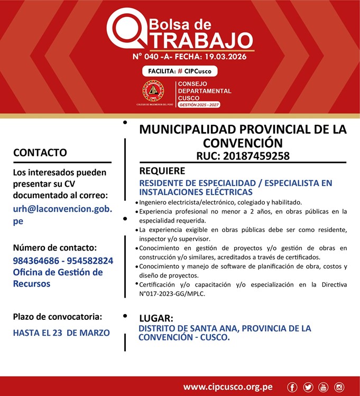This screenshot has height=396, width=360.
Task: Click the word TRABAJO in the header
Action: pyautogui.click(x=198, y=40)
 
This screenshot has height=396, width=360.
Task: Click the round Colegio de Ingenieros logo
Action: pyautogui.click(x=153, y=91)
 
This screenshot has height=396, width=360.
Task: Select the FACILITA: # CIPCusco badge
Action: pyautogui.click(x=180, y=71)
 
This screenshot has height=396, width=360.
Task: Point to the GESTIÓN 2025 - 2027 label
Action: pyautogui.click(x=199, y=105)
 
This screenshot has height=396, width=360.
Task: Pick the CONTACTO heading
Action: pyautogui.click(x=40, y=153)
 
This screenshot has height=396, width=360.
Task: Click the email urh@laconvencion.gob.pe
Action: pyautogui.click(x=62, y=215)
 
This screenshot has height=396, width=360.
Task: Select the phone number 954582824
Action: pyautogui.click(x=86, y=261)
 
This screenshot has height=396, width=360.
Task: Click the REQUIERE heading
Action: pyautogui.click(x=162, y=171)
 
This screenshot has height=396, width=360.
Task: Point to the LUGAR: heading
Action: pyautogui.click(x=156, y=318)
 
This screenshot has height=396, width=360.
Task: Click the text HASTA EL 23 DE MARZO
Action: pyautogui.click(x=61, y=333)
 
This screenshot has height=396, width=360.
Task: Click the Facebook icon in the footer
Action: pyautogui.click(x=292, y=387)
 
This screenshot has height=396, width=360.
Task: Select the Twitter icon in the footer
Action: pyautogui.click(x=308, y=387)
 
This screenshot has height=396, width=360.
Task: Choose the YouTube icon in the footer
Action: pyautogui.click(x=324, y=387)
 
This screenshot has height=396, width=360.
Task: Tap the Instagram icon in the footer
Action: pyautogui.click(x=339, y=387)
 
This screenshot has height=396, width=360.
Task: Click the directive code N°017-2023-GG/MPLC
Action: pyautogui.click(x=172, y=293)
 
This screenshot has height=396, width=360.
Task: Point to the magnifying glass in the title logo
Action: pyautogui.click(x=126, y=27)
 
